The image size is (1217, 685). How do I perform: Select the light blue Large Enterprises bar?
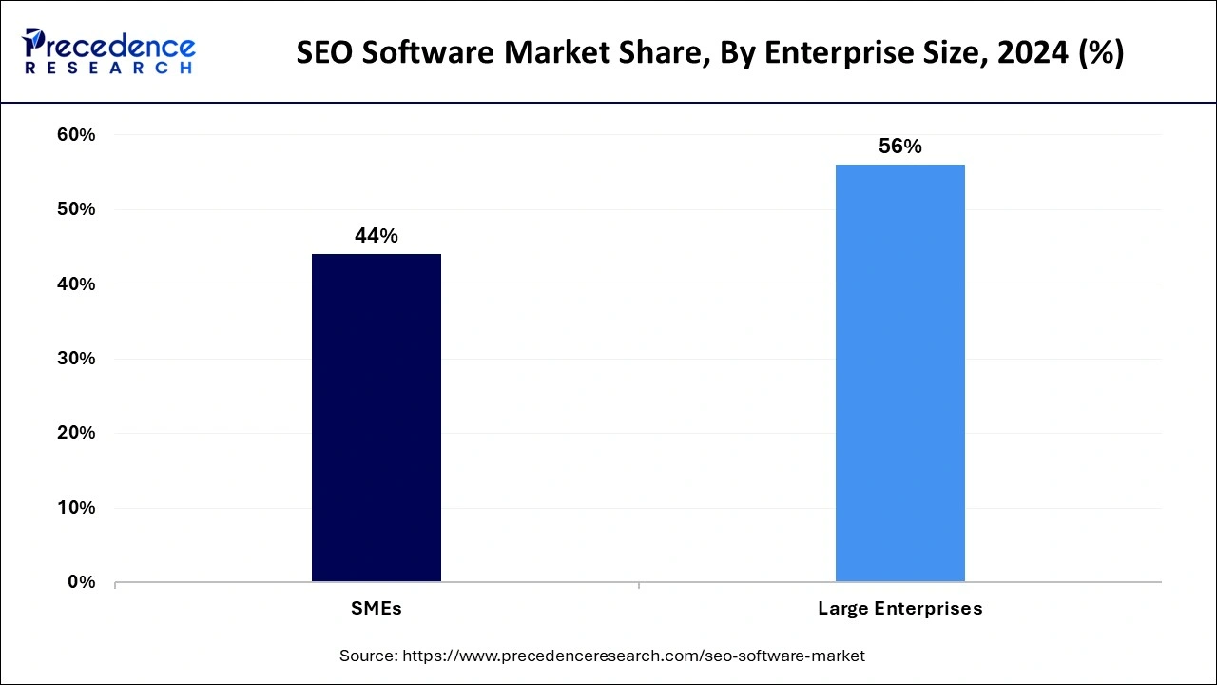[x=899, y=372]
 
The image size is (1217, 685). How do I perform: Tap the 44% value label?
[x=376, y=237]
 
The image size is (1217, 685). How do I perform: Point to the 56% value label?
[x=899, y=147]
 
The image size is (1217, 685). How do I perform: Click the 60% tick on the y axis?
[x=76, y=135]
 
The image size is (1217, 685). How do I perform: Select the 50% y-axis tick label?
[x=76, y=209]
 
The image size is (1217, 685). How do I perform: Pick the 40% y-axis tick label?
[x=76, y=284]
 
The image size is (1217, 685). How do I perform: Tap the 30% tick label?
[x=76, y=359]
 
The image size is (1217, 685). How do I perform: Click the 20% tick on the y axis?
[x=76, y=433]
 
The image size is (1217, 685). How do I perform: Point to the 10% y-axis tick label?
[x=76, y=508]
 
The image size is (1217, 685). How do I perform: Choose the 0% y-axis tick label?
[x=81, y=582]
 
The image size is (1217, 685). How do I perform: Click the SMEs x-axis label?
[x=376, y=609]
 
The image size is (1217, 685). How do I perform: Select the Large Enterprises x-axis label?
[x=899, y=609]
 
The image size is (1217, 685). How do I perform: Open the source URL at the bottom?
[x=634, y=656]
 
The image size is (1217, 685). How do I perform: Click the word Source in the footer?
[x=368, y=656]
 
